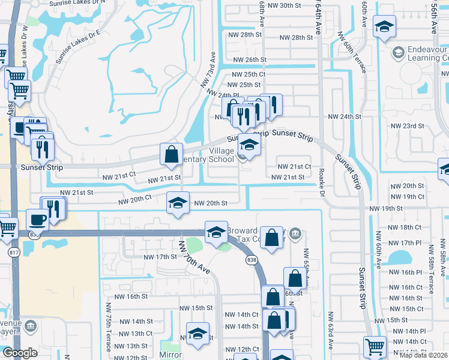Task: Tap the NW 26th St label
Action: [250, 60]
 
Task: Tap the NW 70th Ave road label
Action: [194, 258]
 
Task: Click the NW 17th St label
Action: [159, 257]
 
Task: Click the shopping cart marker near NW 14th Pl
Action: [375, 346]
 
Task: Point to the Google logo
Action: [19, 353]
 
